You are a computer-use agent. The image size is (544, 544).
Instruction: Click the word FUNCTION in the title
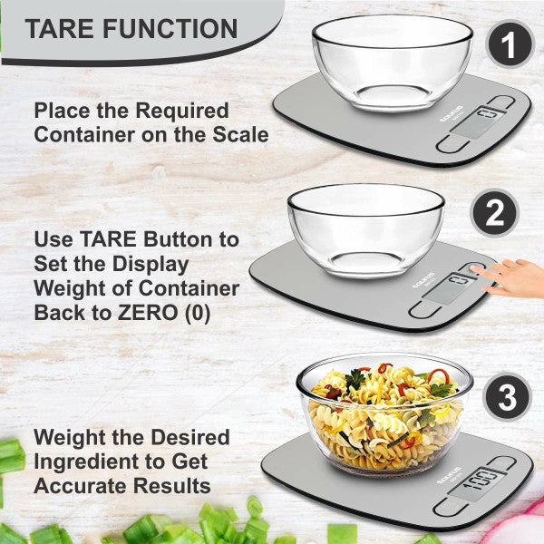(x=168, y=28)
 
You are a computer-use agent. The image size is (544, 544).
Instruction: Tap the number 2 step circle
(x=495, y=214)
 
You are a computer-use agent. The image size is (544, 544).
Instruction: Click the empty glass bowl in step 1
(x=392, y=61)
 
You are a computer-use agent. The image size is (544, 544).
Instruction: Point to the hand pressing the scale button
(x=515, y=277)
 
